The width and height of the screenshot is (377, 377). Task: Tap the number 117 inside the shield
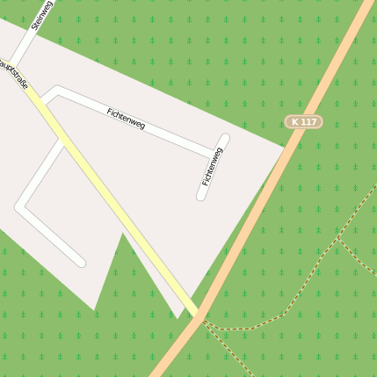pyautogui.click(x=308, y=121)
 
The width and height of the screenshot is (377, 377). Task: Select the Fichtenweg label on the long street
pyautogui.click(x=126, y=120)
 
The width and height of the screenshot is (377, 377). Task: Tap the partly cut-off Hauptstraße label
pyautogui.click(x=13, y=73)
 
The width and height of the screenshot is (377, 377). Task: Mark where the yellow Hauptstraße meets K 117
pyautogui.click(x=199, y=314)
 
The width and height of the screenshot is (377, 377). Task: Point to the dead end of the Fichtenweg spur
pyautogui.click(x=201, y=196)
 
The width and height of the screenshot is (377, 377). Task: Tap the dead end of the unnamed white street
pyautogui.click(x=81, y=262)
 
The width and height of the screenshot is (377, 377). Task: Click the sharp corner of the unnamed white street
pyautogui.click(x=19, y=207)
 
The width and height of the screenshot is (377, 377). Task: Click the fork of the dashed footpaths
pyautogui.click(x=337, y=237)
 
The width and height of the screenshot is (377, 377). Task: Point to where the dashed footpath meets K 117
pyautogui.click(x=201, y=320)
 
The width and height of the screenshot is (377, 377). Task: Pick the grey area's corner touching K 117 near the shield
pyautogui.click(x=285, y=146)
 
